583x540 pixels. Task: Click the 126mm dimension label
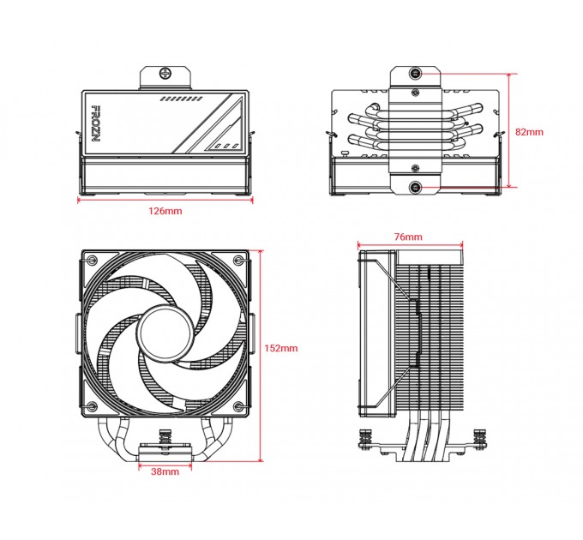pyautogui.click(x=165, y=210)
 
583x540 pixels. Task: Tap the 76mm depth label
pyautogui.click(x=409, y=237)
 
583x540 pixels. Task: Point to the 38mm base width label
pyautogui.click(x=165, y=471)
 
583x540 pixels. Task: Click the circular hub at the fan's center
pyautogui.click(x=165, y=331)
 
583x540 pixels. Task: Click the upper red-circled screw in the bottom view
pyautogui.click(x=415, y=73)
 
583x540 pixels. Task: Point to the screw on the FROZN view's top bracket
pyautogui.click(x=165, y=73)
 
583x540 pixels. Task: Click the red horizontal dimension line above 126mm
pyautogui.click(x=165, y=201)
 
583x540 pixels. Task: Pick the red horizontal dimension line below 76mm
pyautogui.click(x=409, y=244)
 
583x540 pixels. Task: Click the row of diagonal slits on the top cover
pyautogui.click(x=178, y=99)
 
